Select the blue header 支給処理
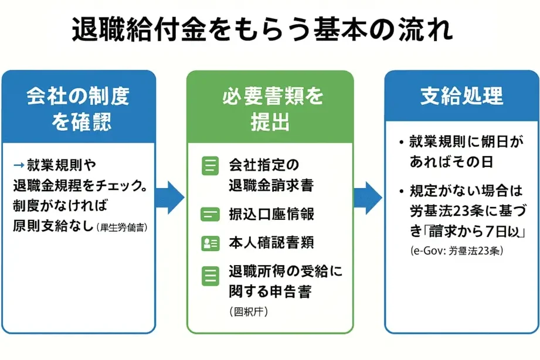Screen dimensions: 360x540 [461, 96]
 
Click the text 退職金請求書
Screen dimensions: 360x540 [271, 186]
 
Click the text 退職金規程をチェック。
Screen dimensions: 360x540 [80, 186]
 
